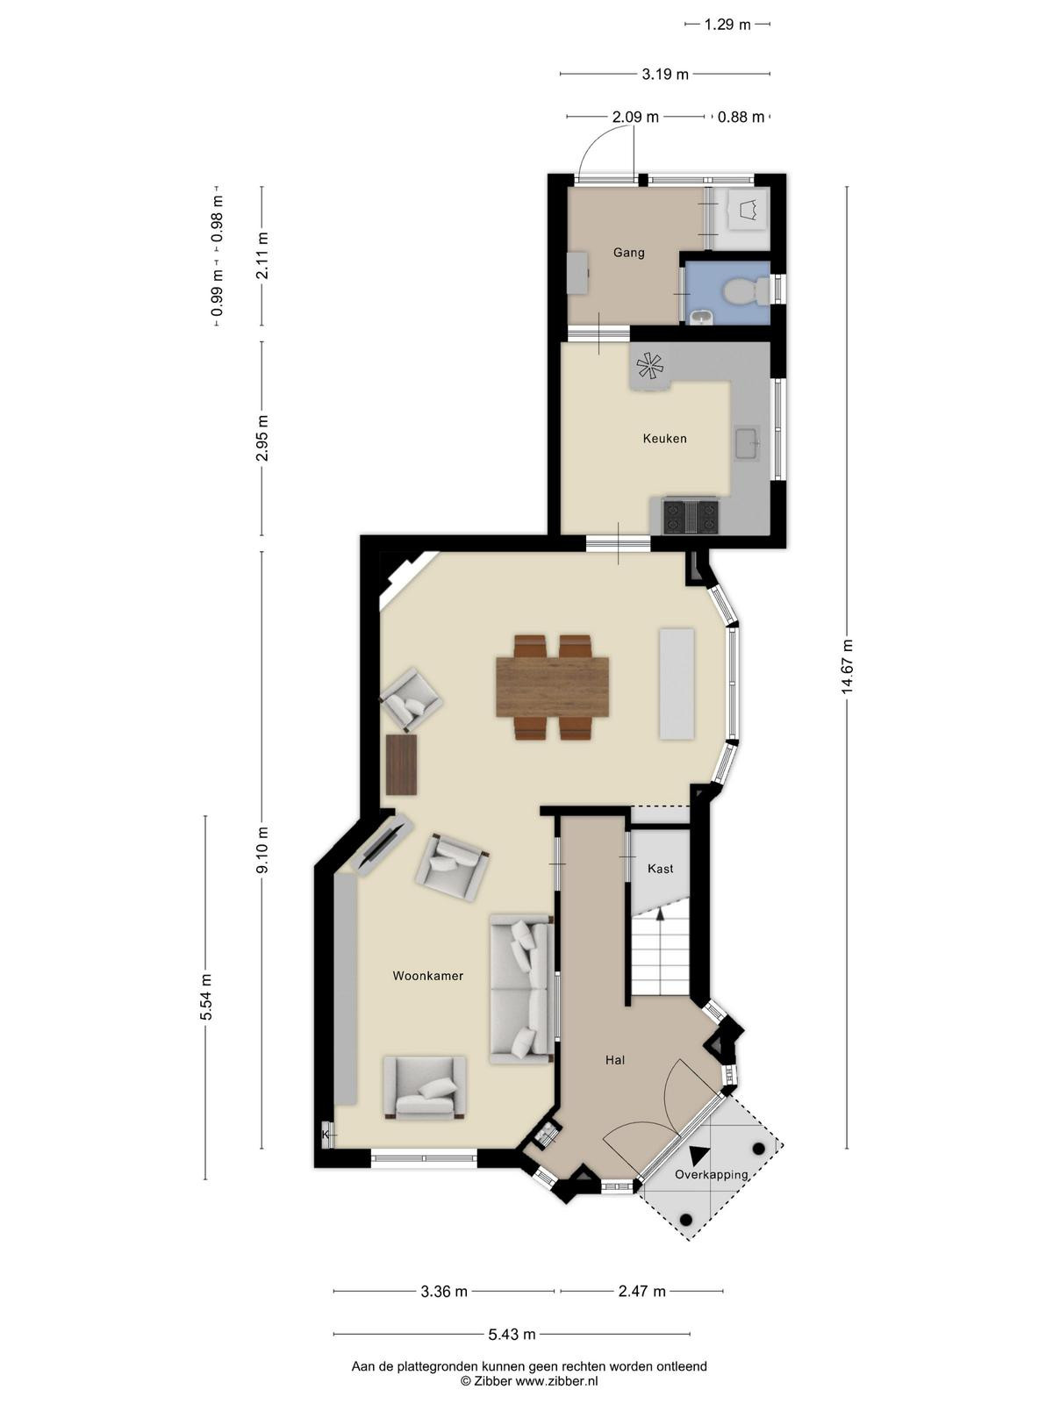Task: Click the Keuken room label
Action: [664, 438]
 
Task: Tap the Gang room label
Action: [628, 253]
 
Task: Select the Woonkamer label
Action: [427, 976]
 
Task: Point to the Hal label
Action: [615, 1060]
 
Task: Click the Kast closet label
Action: [661, 868]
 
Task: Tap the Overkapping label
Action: [712, 1174]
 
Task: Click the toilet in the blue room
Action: [746, 291]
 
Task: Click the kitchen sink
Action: [747, 442]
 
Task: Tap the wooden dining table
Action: [553, 687]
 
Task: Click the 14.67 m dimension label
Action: [847, 665]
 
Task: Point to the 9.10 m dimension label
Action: [261, 849]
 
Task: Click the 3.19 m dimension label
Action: [665, 75]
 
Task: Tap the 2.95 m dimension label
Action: [261, 438]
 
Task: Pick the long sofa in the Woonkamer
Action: [521, 988]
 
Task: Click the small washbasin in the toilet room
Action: [701, 318]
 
